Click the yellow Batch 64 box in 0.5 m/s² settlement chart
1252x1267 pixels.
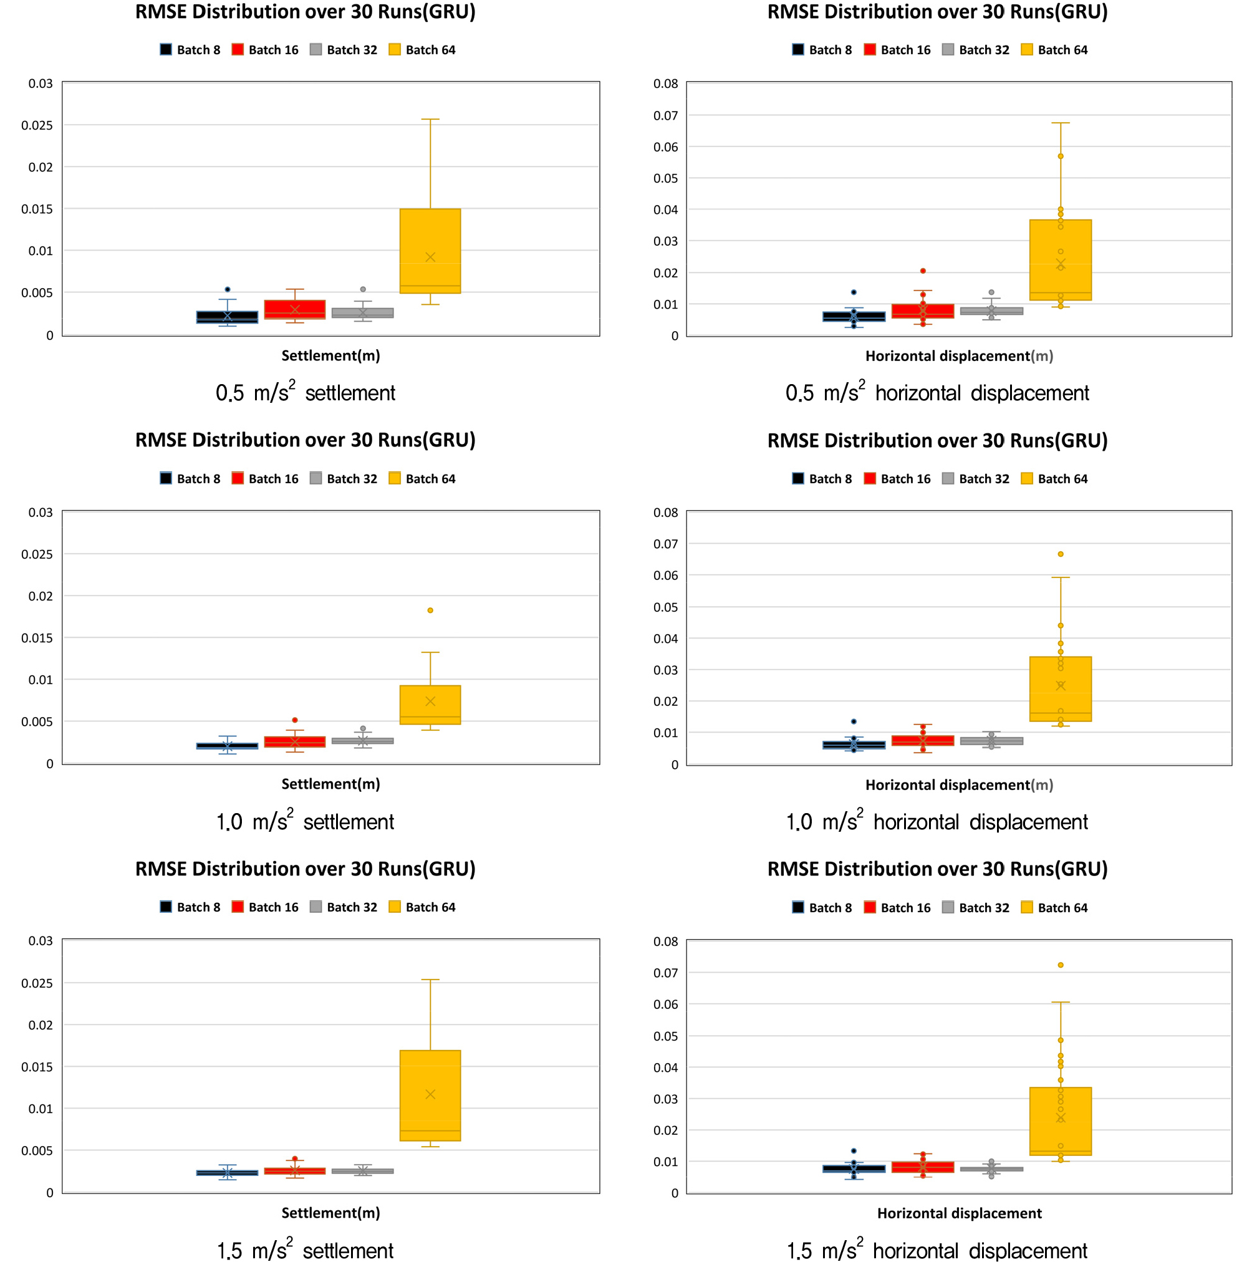(430, 251)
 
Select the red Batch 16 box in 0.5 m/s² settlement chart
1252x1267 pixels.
(294, 309)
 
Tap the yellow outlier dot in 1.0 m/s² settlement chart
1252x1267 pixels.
(430, 610)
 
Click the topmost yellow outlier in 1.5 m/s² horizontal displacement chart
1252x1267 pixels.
(1061, 965)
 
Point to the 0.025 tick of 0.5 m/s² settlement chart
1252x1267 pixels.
(37, 125)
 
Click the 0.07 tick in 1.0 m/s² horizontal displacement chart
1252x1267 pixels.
(666, 544)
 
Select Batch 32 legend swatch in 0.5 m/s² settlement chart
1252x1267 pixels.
(316, 49)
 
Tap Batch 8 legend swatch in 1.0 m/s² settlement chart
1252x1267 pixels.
(166, 478)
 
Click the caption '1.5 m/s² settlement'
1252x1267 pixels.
(305, 1250)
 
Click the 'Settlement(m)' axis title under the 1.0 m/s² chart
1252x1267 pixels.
(330, 784)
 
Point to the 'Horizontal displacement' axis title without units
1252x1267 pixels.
(960, 1213)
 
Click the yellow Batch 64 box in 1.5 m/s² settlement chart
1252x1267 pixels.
(430, 1096)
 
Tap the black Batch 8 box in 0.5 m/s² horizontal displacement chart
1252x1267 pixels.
(854, 317)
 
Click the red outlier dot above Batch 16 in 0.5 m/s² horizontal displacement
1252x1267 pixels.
(923, 271)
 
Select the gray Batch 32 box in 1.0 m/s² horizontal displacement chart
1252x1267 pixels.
(991, 741)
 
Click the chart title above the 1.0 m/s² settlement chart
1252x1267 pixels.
(305, 440)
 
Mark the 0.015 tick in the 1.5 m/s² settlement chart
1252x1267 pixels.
(37, 1067)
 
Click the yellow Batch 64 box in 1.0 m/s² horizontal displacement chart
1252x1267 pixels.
(1061, 689)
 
